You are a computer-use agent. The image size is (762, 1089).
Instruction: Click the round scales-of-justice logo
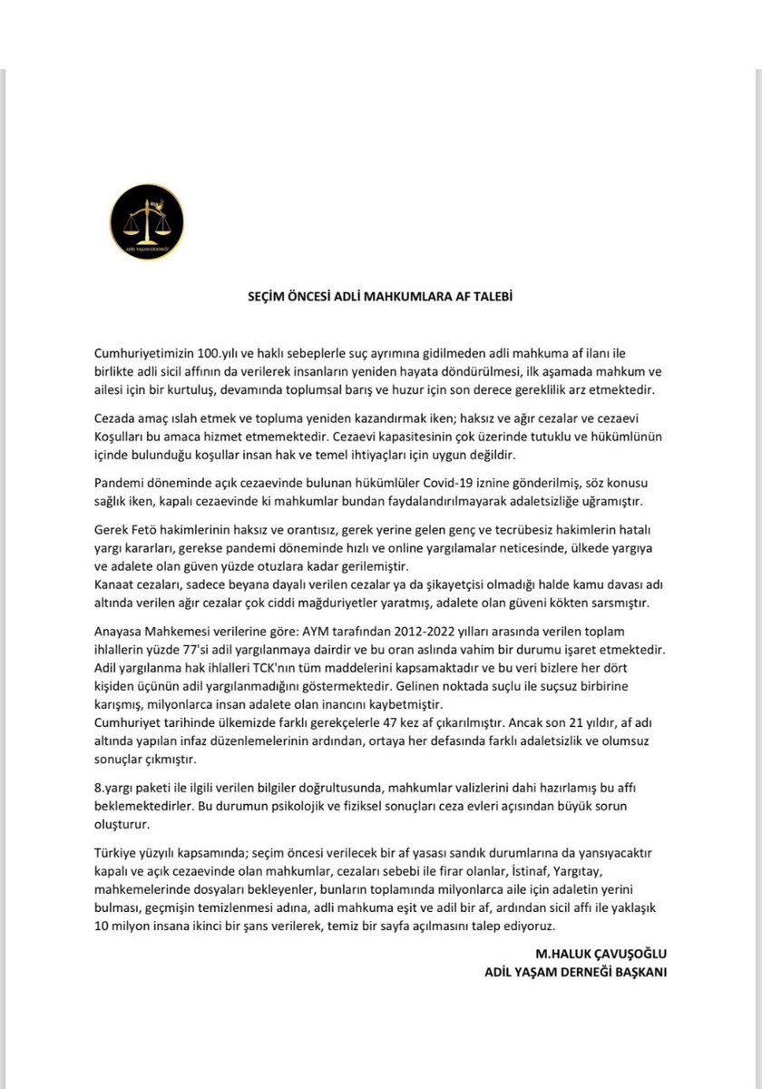147,224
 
